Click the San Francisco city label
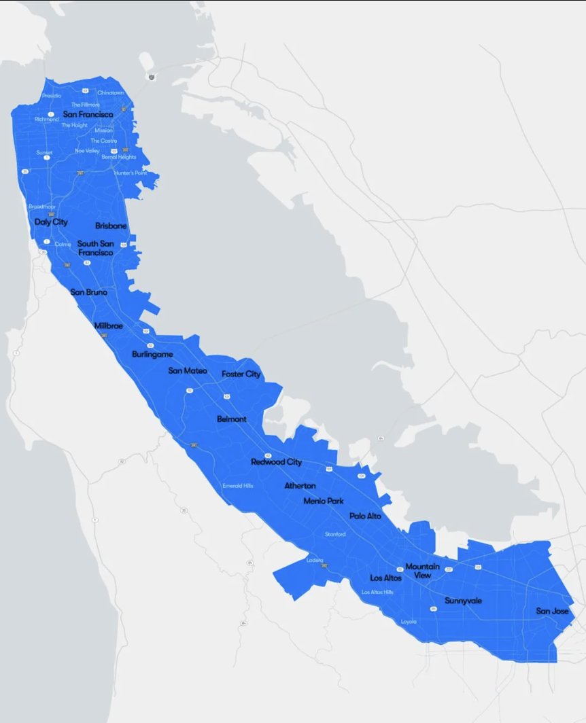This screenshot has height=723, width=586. [x=88, y=114]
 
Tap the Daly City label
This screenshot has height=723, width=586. [x=51, y=222]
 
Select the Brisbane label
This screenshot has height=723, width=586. [x=111, y=226]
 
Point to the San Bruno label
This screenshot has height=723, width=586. [x=89, y=292]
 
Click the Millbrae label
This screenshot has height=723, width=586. [x=109, y=326]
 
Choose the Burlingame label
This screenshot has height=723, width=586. [x=152, y=354]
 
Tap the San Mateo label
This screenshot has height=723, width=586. [x=188, y=370]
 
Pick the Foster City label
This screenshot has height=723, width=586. [x=241, y=374]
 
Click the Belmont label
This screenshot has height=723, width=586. [x=232, y=419]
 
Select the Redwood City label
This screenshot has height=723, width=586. [x=276, y=462]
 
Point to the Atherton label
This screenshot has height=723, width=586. [x=300, y=486]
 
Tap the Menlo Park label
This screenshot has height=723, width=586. [x=324, y=501]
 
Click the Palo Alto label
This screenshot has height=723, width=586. [x=365, y=516]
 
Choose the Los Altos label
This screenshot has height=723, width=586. [x=385, y=578]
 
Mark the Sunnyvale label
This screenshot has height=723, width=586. [x=464, y=601]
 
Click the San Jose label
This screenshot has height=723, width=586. [x=552, y=611]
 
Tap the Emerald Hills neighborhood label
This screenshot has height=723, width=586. [x=238, y=486]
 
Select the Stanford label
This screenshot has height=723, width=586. [x=335, y=534]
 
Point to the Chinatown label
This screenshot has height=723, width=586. [x=111, y=92]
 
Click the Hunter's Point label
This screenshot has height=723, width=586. [x=131, y=173]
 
